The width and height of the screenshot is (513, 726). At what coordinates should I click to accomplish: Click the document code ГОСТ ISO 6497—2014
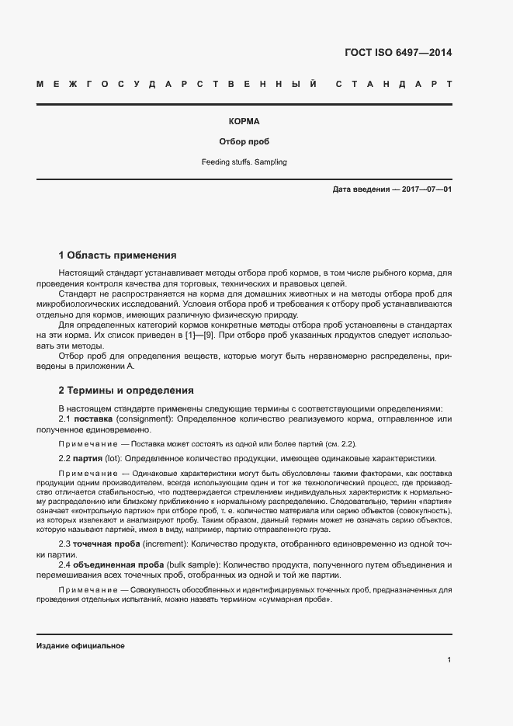(x=397, y=54)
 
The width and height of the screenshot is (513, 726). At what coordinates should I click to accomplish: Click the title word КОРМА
(x=244, y=122)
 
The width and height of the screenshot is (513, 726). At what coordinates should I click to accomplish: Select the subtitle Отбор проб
(x=244, y=142)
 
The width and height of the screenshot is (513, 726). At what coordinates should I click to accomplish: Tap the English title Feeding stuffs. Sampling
(x=244, y=162)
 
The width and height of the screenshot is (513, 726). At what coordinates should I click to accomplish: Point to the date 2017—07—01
(x=427, y=189)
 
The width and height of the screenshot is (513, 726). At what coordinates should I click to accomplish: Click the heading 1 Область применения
(x=117, y=255)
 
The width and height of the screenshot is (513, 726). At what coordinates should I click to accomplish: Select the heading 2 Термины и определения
(x=126, y=390)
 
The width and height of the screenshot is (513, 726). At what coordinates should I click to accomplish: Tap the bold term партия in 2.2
(x=89, y=458)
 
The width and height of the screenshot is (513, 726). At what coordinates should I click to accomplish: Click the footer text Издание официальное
(x=80, y=646)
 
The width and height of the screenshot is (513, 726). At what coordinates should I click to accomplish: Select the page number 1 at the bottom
(x=449, y=660)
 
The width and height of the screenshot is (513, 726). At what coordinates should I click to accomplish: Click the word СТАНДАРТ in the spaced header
(x=394, y=83)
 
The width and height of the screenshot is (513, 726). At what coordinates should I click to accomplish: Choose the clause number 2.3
(x=65, y=544)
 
